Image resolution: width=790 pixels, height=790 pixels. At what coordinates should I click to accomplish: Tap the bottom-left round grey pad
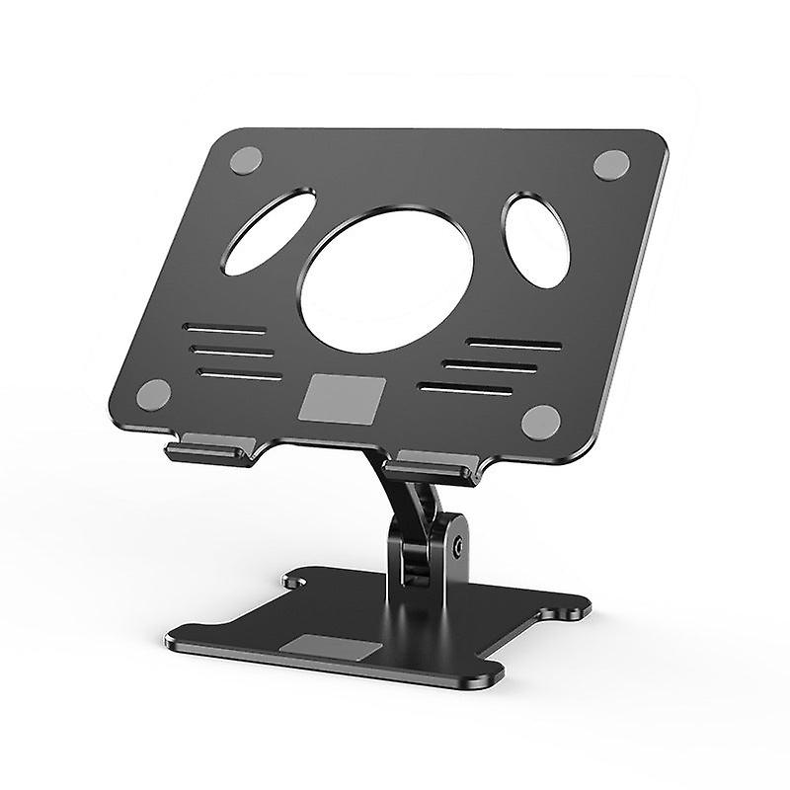pos(153,395)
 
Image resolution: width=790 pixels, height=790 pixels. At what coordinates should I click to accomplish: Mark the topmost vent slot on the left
pos(225,330)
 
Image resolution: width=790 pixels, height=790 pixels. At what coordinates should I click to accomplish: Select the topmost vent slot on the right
pos(513,344)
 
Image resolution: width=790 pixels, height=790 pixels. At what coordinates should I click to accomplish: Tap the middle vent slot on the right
pos(490,364)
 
